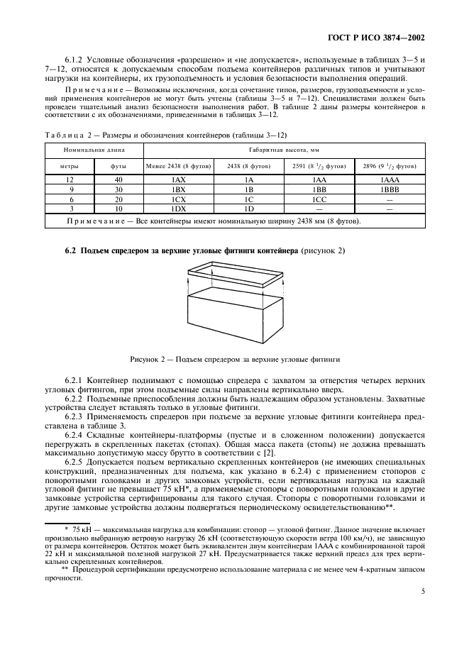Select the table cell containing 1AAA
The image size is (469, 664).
pos(390,180)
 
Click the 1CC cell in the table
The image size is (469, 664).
pos(319,200)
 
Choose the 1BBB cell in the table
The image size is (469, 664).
pos(390,190)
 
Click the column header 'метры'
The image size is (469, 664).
pos(69,166)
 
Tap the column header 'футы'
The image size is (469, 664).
pos(118,166)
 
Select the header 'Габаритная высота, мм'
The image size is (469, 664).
pos(284,150)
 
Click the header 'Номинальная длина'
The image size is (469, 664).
pos(94,150)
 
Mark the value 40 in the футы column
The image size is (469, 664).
pos(118,180)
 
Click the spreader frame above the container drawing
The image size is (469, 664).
pos(234,270)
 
